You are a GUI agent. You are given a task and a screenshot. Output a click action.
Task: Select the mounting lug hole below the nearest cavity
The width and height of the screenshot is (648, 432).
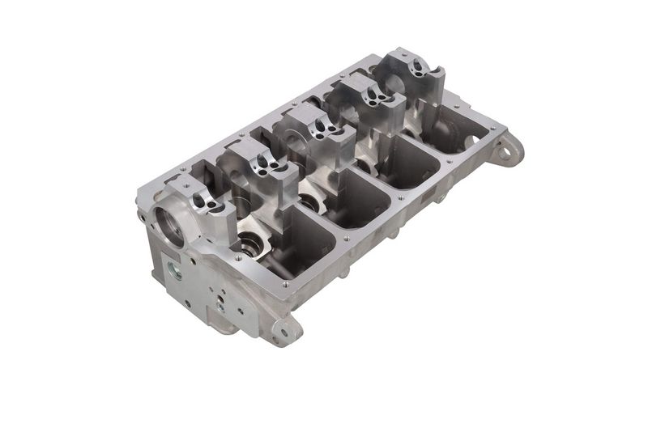coord(283,329)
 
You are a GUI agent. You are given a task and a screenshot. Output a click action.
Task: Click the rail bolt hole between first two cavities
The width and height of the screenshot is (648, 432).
coord(346,239)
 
